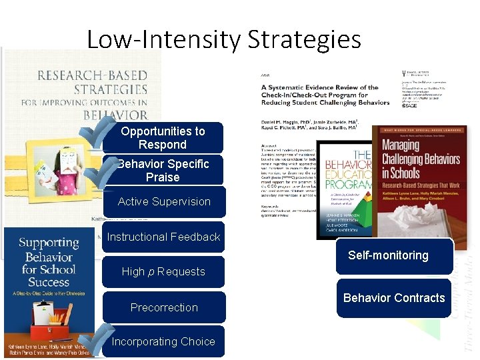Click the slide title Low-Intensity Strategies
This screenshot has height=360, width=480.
coord(224,39)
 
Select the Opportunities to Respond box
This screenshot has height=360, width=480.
coord(163,138)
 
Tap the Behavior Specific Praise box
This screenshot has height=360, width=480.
coord(163,171)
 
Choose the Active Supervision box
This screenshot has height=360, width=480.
coord(164,202)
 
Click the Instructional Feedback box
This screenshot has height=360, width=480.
coord(163,237)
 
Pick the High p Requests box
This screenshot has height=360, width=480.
coord(163,271)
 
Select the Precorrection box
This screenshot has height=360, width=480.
coord(164,307)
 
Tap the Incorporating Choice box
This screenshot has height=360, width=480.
coord(163,341)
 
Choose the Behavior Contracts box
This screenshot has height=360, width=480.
coord(393,298)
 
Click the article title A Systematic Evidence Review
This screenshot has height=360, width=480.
coord(325,95)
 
